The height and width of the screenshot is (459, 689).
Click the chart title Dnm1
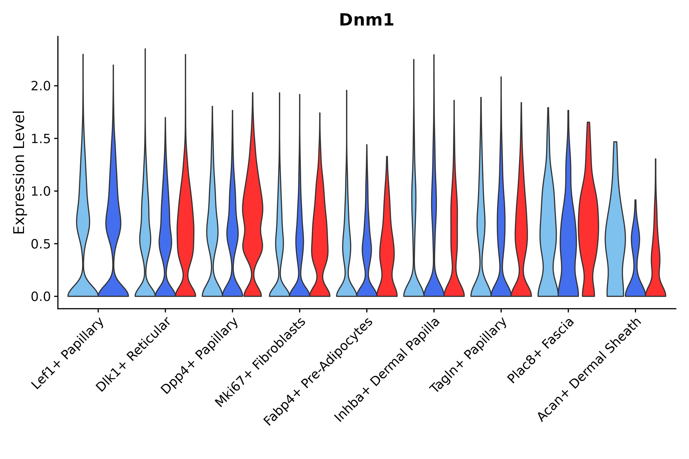click(366, 20)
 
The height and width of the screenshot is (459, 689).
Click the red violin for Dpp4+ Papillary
click(253, 211)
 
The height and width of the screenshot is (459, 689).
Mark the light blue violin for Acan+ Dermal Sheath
click(615, 234)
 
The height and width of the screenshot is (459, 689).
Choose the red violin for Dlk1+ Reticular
click(185, 228)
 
